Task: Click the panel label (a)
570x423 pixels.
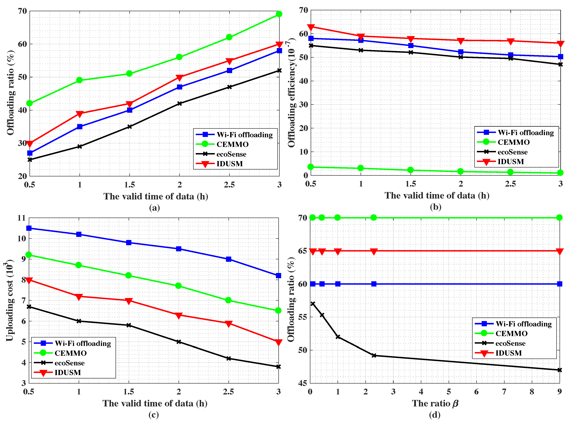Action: (154, 207)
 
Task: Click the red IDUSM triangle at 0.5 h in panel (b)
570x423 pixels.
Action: (311, 27)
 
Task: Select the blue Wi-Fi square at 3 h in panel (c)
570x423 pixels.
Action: (278, 275)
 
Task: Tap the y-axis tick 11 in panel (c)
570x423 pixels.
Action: (22, 218)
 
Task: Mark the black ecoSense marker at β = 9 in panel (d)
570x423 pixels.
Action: (560, 370)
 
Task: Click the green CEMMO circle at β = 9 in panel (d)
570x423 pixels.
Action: (560, 218)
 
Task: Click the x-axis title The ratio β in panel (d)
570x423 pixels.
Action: (435, 403)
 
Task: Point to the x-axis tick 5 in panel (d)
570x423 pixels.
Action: (449, 392)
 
